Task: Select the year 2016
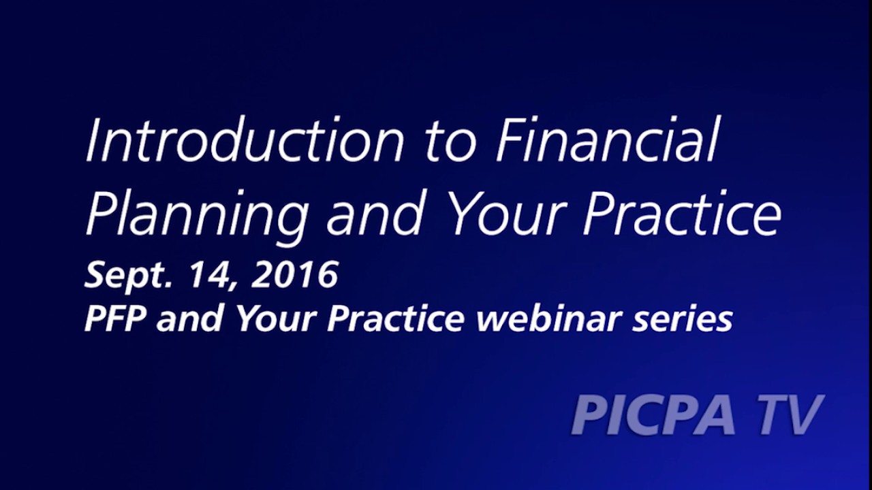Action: coord(295,275)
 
